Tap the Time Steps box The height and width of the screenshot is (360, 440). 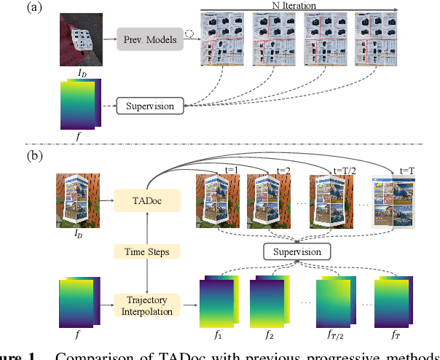tap(149, 251)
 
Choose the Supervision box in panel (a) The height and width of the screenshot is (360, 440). tap(151, 106)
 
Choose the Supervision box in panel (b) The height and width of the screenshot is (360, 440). tap(296, 251)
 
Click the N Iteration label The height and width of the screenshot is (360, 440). tap(299, 5)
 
